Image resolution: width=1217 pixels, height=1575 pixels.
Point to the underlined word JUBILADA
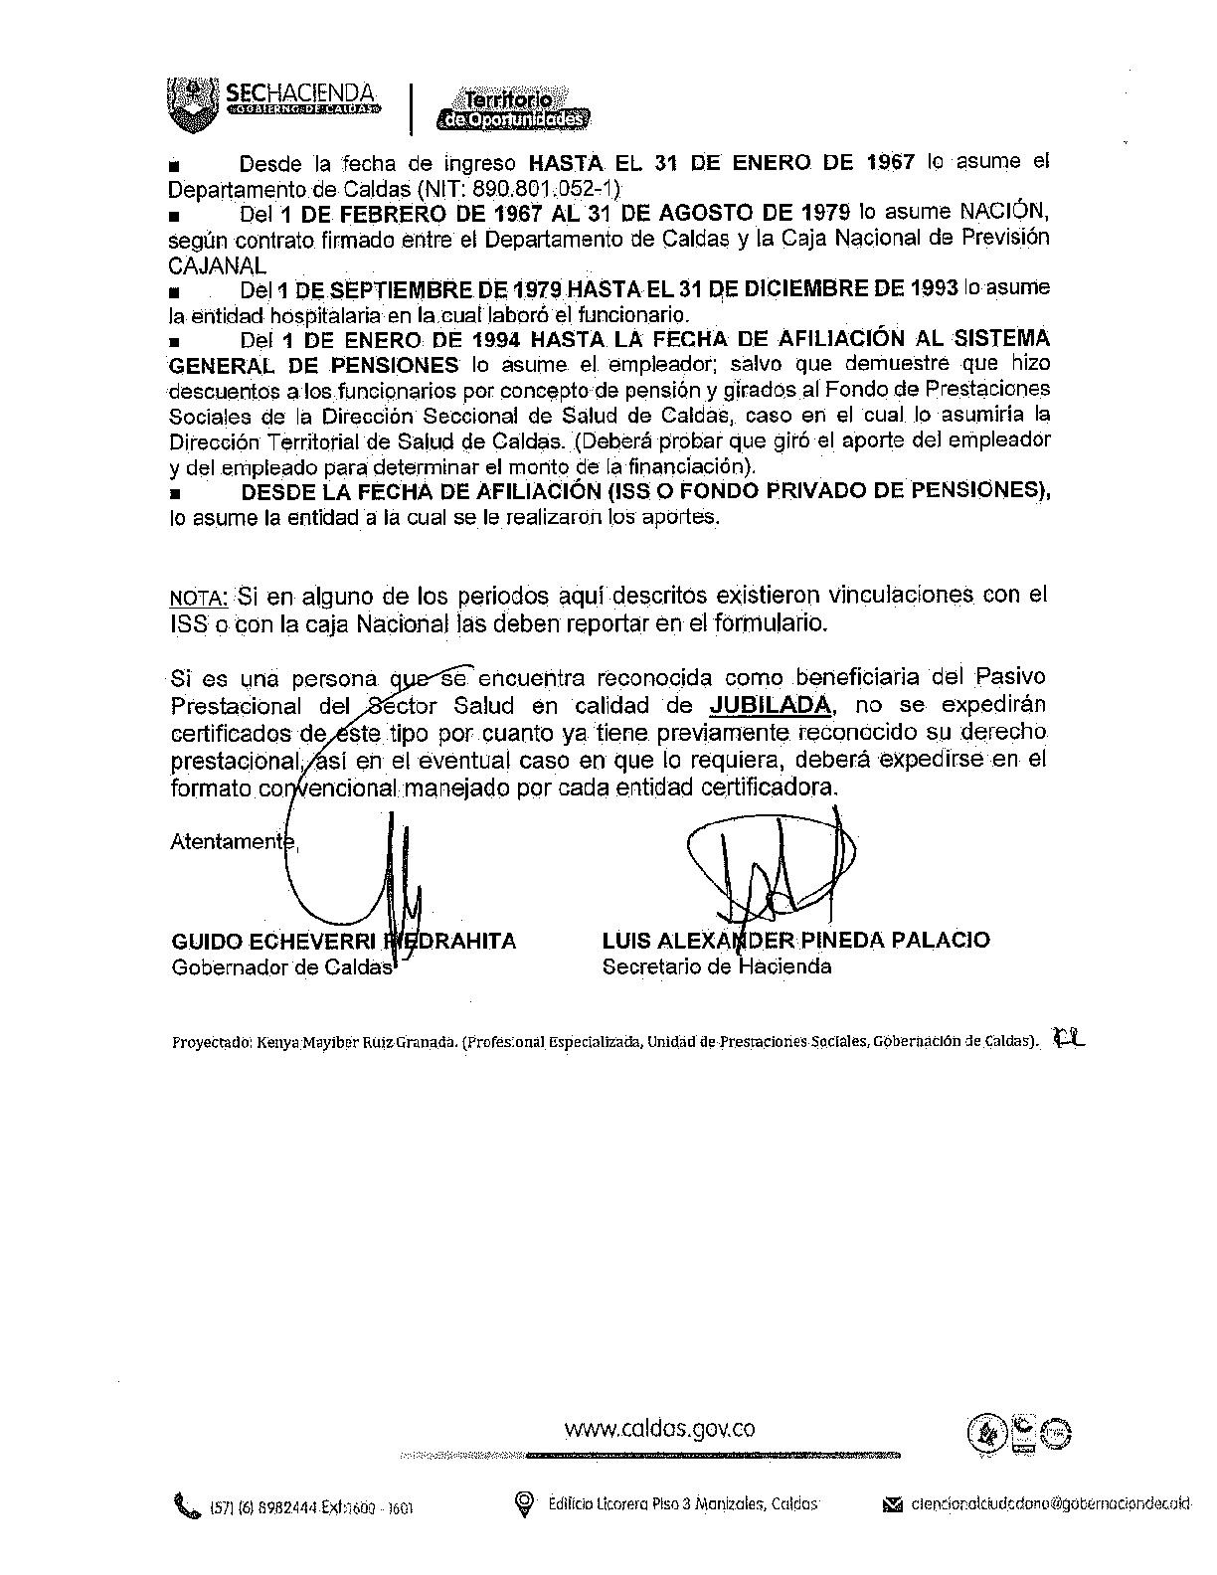tap(771, 706)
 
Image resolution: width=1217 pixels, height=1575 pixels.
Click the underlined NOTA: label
tap(199, 599)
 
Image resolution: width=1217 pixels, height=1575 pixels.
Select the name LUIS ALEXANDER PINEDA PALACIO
tap(795, 940)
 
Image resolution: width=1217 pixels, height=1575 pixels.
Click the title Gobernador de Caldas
tap(282, 967)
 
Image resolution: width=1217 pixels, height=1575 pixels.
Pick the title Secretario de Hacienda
tap(717, 966)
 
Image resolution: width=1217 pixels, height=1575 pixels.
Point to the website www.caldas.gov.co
tap(659, 1429)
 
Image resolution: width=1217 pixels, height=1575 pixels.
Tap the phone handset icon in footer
tap(185, 1504)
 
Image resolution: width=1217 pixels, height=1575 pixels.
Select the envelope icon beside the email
tap(892, 1505)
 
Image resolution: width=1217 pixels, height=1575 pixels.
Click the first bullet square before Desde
tap(176, 165)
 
